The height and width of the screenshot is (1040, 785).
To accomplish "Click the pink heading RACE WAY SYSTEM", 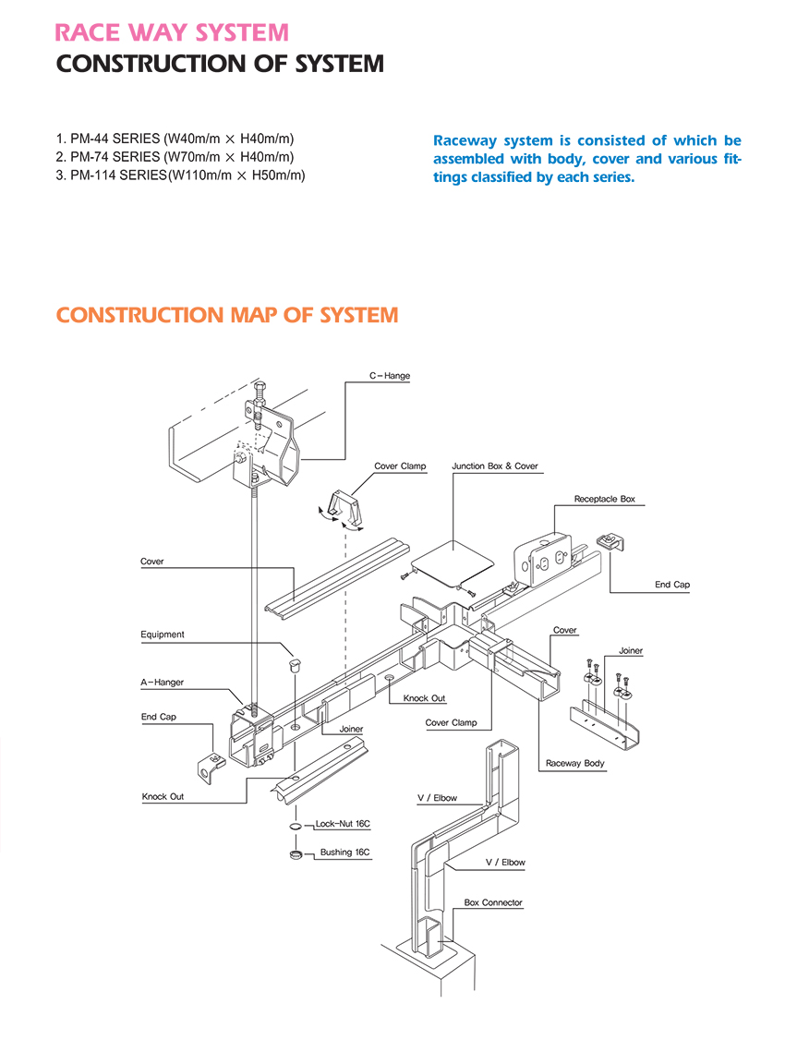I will [172, 33].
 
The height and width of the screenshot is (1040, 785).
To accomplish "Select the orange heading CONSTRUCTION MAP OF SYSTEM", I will [227, 315].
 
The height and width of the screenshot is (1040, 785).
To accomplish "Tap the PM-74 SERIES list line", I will [175, 157].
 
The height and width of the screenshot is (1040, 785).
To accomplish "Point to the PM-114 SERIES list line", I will [181, 175].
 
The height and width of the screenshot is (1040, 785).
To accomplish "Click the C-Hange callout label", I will [390, 376].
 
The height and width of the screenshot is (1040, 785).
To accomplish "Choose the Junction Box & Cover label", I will [494, 466].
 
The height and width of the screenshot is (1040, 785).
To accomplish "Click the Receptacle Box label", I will [604, 499].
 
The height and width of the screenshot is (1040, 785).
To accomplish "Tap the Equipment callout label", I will [163, 635].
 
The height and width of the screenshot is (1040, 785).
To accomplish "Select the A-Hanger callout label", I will [162, 683].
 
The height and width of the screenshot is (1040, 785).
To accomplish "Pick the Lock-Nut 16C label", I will [343, 823].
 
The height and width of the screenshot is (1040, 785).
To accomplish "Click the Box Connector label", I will [493, 902].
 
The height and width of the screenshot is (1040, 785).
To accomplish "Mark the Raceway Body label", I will [574, 763].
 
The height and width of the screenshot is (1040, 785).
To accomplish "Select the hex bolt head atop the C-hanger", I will [259, 386].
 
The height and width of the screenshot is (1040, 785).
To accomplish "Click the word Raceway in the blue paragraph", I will [465, 141].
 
